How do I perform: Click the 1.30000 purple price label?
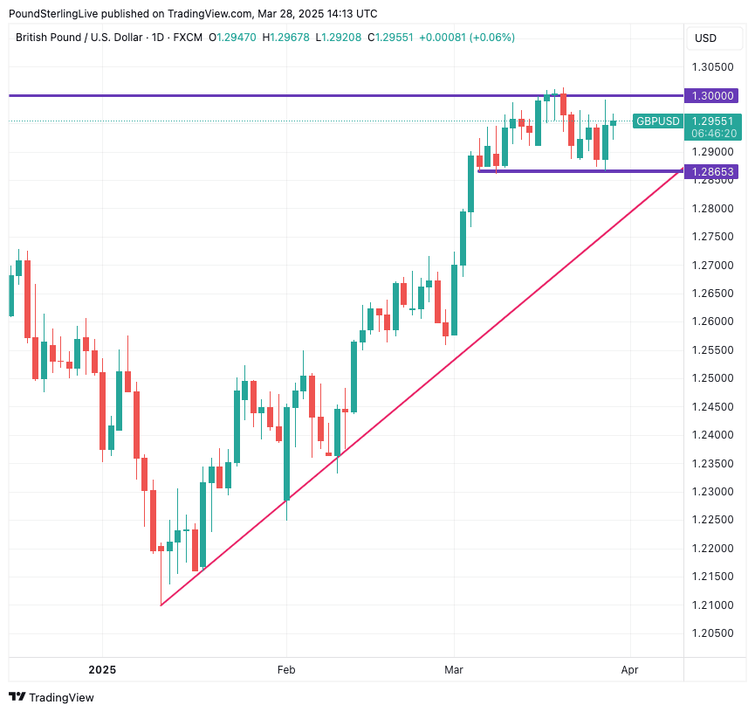[712, 95]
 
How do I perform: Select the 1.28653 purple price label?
[712, 172]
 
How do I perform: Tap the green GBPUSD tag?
[657, 121]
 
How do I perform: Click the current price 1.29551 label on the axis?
[712, 121]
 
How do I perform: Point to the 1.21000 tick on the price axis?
[712, 605]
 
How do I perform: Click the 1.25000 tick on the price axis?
[712, 378]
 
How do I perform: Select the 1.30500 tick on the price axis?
[712, 67]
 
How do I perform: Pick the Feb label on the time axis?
[286, 670]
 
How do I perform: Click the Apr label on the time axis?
[629, 670]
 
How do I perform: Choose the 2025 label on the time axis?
[102, 670]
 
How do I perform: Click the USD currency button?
[705, 38]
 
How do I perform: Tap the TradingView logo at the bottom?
[51, 697]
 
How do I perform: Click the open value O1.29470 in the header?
[232, 38]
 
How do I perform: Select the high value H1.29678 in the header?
[286, 38]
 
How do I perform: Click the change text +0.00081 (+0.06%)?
[467, 38]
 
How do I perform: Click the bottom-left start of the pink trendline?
[161, 605]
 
